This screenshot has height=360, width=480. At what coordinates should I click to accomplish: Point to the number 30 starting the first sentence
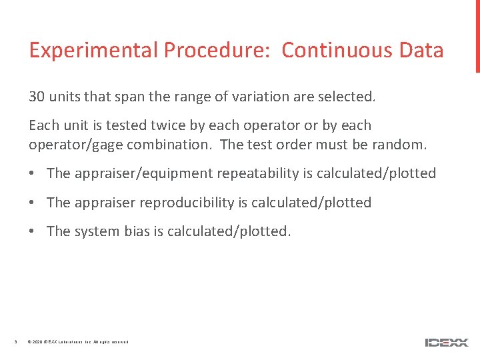(x=37, y=97)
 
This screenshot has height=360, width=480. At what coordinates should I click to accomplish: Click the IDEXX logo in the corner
(x=447, y=342)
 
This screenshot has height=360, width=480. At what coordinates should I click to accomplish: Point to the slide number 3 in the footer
(x=15, y=342)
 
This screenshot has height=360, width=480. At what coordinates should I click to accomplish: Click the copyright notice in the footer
(x=78, y=342)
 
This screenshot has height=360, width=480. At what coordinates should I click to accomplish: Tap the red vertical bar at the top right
(x=477, y=36)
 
